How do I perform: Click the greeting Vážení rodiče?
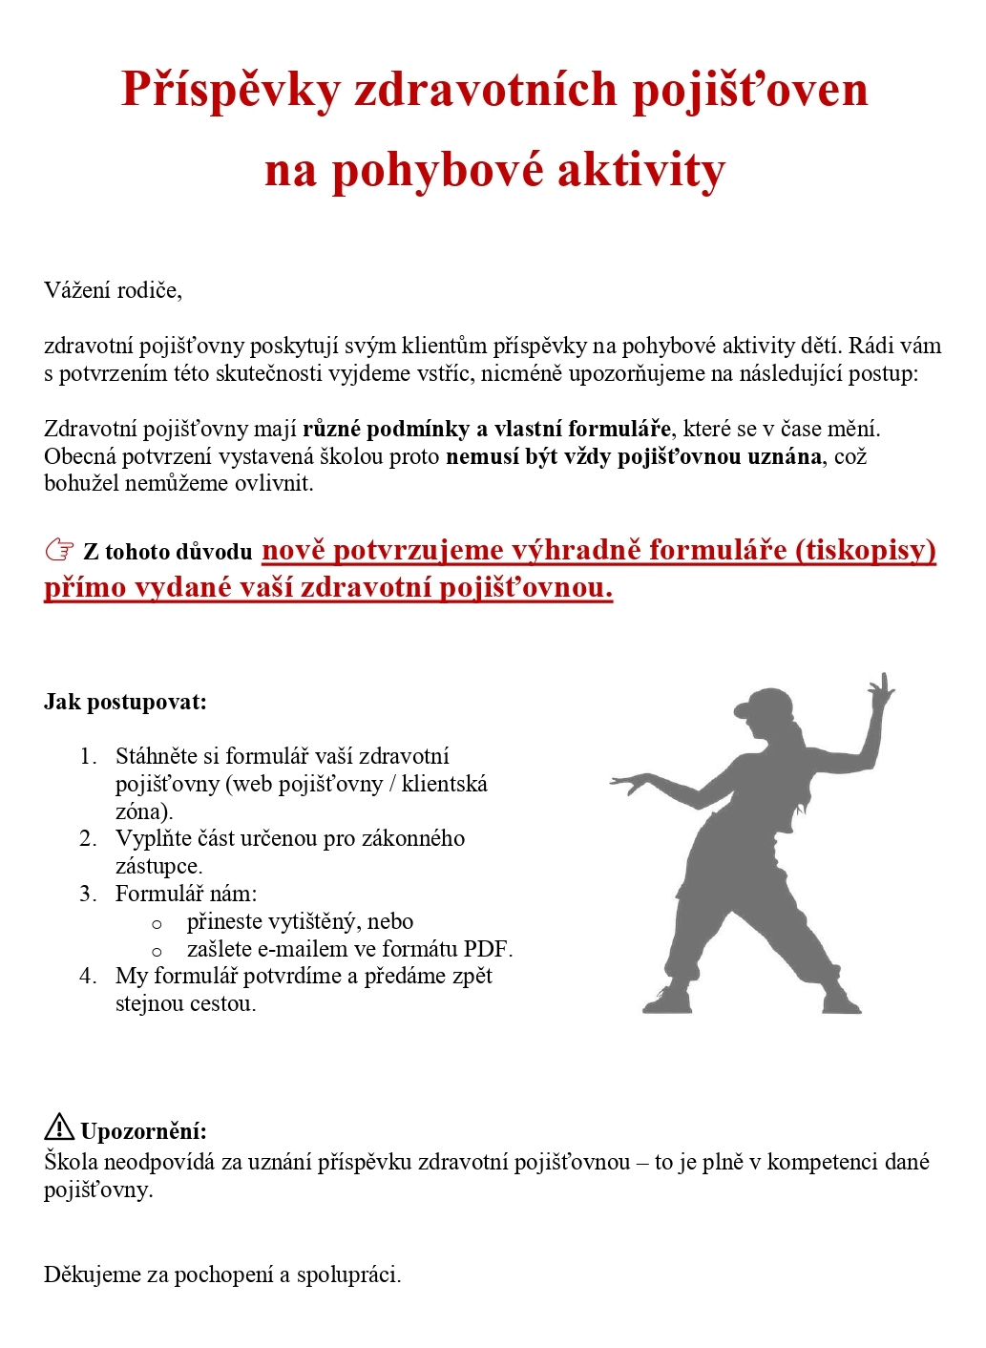(x=113, y=290)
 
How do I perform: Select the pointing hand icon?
(x=59, y=551)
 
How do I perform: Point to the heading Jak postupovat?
(x=125, y=703)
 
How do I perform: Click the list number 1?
(x=88, y=757)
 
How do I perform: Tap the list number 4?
(x=88, y=977)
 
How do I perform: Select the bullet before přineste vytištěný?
(x=157, y=924)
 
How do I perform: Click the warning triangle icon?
(x=59, y=1127)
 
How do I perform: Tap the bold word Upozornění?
(x=144, y=1132)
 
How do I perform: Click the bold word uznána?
(x=786, y=456)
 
